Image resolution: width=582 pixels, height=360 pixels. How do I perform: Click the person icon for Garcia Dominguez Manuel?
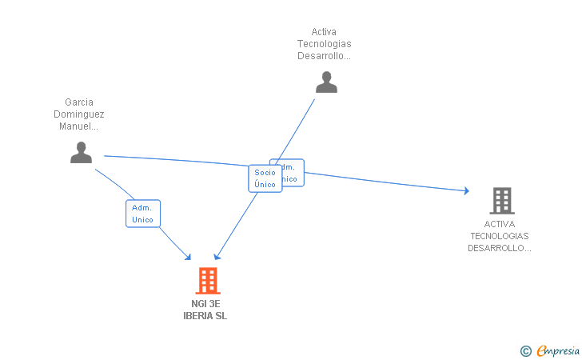click(x=81, y=152)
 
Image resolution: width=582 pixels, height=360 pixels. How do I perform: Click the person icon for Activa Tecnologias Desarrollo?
click(x=326, y=82)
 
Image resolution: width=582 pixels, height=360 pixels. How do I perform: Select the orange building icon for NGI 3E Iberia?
click(x=208, y=281)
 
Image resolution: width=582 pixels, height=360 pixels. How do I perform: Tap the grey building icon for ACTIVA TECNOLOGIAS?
click(x=501, y=201)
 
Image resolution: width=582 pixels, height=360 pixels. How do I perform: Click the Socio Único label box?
click(x=265, y=178)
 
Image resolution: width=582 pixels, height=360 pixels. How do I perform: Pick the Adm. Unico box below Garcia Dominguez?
click(x=143, y=214)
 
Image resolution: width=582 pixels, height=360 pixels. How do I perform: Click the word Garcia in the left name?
click(x=79, y=102)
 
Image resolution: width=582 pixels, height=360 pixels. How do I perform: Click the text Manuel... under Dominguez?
click(x=79, y=126)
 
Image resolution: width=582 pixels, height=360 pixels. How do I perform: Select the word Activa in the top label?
click(x=324, y=33)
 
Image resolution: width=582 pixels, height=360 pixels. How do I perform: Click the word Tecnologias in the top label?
click(x=324, y=44)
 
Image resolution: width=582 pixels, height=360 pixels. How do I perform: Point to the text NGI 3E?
click(x=205, y=304)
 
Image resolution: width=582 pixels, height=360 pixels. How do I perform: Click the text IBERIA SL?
click(x=205, y=316)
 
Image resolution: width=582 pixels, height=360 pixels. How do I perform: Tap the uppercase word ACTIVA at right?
click(x=500, y=224)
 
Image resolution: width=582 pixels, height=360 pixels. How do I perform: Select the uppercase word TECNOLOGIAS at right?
click(x=500, y=236)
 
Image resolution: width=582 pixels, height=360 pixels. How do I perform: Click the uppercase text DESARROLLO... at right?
click(x=500, y=248)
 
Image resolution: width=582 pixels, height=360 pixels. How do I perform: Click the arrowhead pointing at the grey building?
click(x=465, y=190)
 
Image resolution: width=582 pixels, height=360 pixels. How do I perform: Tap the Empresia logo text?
click(x=558, y=350)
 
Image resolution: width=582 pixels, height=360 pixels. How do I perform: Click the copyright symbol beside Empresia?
click(x=525, y=350)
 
